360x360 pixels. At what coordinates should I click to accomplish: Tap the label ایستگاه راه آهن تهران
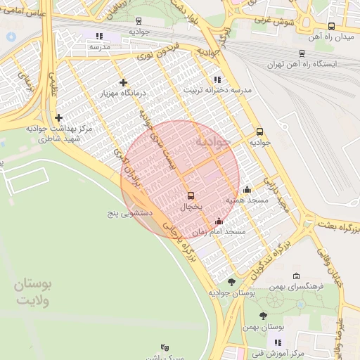(x=302, y=64)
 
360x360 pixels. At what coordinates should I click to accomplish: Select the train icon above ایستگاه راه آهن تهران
(x=302, y=52)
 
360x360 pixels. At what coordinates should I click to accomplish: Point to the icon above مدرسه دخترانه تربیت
(x=217, y=79)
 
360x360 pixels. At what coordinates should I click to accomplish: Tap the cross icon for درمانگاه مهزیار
(x=124, y=82)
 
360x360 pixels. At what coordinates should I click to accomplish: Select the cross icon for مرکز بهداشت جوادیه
(x=58, y=117)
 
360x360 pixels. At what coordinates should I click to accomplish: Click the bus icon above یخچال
(x=191, y=195)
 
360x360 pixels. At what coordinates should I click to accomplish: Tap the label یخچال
(x=191, y=207)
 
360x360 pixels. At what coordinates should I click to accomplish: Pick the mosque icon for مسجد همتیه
(x=247, y=189)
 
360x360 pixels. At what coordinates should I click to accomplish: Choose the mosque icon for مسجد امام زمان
(x=219, y=221)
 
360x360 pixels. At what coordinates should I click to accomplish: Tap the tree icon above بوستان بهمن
(x=264, y=316)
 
